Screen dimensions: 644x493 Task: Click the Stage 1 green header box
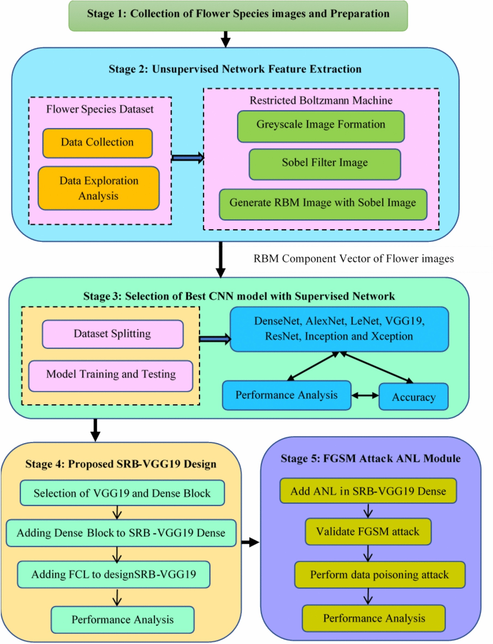[x=238, y=15]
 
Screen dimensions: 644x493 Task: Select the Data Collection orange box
[x=97, y=143]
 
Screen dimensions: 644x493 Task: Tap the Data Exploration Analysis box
[x=99, y=188]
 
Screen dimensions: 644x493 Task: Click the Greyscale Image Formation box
[x=321, y=126]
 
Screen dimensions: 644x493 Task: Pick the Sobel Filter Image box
[x=324, y=164]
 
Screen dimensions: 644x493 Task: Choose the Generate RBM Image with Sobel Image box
[x=323, y=204]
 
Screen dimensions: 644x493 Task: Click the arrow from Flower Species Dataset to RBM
[x=188, y=158]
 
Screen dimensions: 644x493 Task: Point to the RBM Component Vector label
[x=353, y=259]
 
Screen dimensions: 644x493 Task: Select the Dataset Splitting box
[x=113, y=334]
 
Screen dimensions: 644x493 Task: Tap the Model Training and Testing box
[x=111, y=376]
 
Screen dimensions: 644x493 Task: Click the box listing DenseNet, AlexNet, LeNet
[x=339, y=329]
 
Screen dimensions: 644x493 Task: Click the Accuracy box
[x=413, y=397]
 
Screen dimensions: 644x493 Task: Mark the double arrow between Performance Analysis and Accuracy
[x=365, y=396]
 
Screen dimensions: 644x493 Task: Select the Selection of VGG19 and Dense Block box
[x=122, y=493]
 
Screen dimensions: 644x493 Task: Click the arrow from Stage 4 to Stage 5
[x=250, y=542]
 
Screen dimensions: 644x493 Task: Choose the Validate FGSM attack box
[x=368, y=531]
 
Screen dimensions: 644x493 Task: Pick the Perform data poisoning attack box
[x=380, y=574]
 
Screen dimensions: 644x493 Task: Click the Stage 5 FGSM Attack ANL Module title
[x=370, y=459]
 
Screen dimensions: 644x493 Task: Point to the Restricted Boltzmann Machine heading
[x=321, y=100]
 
